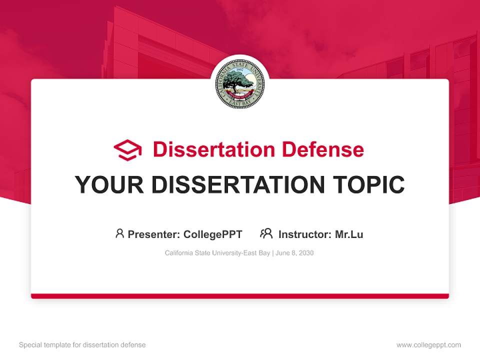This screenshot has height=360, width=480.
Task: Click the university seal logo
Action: [240, 84]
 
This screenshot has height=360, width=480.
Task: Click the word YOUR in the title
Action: [109, 185]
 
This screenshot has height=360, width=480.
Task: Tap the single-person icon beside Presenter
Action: [119, 233]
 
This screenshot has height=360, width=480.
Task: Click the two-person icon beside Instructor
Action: [266, 233]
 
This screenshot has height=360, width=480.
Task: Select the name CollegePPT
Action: [213, 234]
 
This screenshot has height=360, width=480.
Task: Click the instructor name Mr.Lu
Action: [349, 234]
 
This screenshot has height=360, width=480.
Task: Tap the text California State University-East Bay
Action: [217, 253]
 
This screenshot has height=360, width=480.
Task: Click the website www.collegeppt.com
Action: [428, 345]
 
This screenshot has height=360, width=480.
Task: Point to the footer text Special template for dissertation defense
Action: [82, 345]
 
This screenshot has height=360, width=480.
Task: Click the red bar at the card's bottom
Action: [240, 296]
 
